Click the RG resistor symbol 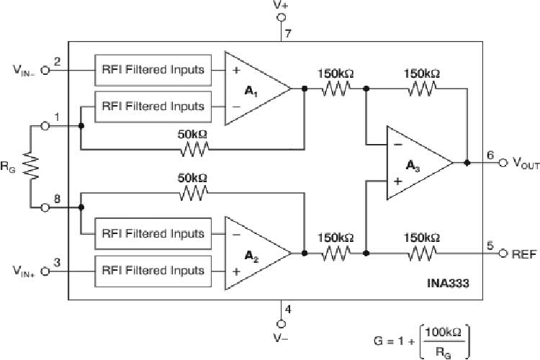[31, 166]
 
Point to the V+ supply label [282, 5]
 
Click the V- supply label [282, 336]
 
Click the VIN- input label [23, 71]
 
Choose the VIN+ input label [23, 271]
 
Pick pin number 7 [287, 34]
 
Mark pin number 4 [288, 310]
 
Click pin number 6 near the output [490, 155]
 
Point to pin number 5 [490, 246]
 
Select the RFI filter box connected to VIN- [153, 70]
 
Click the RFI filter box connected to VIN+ [153, 271]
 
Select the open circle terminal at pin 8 [45, 207]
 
